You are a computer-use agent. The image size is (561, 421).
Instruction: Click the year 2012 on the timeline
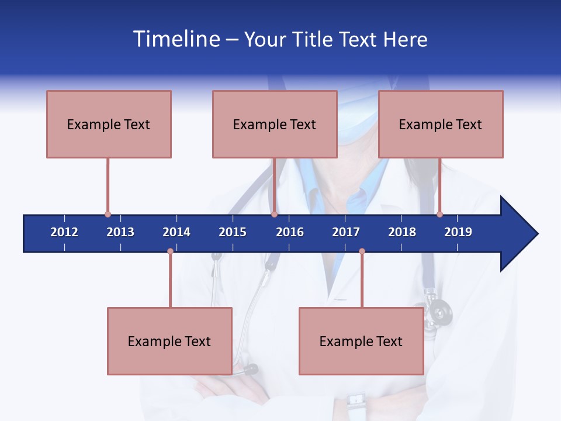[x=64, y=232]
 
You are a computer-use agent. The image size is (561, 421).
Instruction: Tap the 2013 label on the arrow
[x=120, y=232]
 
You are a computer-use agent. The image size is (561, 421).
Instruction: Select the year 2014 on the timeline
[x=176, y=232]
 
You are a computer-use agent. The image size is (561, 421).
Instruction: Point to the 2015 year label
[x=233, y=232]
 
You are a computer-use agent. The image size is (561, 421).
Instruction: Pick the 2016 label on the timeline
[x=290, y=232]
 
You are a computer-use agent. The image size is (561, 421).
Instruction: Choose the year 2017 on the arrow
[x=346, y=232]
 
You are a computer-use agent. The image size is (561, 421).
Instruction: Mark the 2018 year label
[x=402, y=232]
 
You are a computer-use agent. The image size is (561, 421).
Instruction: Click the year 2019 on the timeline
[x=458, y=232]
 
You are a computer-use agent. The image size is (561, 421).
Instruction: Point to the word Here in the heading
[x=405, y=39]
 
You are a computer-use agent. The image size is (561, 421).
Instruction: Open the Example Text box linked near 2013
[x=109, y=124]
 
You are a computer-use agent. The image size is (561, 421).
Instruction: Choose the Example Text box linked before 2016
[x=275, y=124]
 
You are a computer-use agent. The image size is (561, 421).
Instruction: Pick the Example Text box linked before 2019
[x=441, y=124]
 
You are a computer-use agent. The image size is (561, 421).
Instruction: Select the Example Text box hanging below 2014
[x=169, y=341]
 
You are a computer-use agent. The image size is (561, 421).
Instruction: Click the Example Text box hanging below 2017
[x=361, y=341]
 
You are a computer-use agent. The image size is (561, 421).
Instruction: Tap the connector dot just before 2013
[x=108, y=215]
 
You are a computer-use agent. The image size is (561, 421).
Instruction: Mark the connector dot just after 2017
[x=362, y=251]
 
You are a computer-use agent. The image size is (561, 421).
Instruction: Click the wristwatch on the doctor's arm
[x=356, y=401]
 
